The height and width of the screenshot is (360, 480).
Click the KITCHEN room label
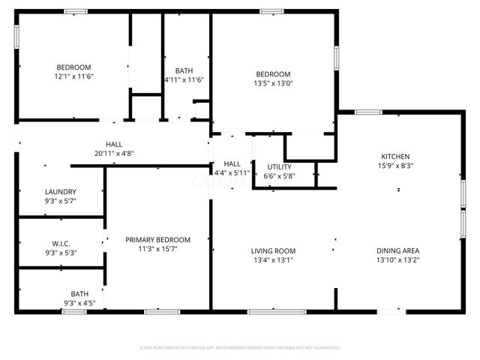click(x=397, y=156)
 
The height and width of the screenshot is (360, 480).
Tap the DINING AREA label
click(x=397, y=250)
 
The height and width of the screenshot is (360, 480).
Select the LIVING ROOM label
click(x=273, y=250)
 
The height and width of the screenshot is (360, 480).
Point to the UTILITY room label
click(x=279, y=166)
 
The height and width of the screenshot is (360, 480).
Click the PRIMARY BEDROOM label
click(x=157, y=240)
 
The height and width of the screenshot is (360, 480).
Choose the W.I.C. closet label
click(x=61, y=243)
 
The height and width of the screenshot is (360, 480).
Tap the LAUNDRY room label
click(x=61, y=191)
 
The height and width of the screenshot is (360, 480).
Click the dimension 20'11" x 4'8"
click(x=114, y=153)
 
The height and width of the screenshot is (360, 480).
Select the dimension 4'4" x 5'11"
click(x=232, y=172)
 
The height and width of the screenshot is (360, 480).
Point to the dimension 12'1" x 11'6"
click(x=73, y=76)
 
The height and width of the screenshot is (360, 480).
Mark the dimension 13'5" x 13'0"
click(x=273, y=83)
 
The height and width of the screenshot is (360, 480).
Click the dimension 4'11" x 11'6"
click(x=184, y=80)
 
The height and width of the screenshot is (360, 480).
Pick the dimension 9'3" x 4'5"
click(x=79, y=303)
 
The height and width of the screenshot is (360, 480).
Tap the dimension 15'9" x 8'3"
click(x=397, y=166)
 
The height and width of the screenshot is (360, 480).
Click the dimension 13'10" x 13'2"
click(x=397, y=260)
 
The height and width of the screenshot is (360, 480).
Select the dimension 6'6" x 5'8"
click(x=279, y=176)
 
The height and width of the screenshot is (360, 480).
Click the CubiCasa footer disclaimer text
click(x=240, y=347)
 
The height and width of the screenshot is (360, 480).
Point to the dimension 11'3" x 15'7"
click(x=157, y=250)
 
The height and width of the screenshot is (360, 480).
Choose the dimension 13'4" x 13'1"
click(x=273, y=260)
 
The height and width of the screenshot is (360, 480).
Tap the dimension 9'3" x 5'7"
click(x=61, y=201)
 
